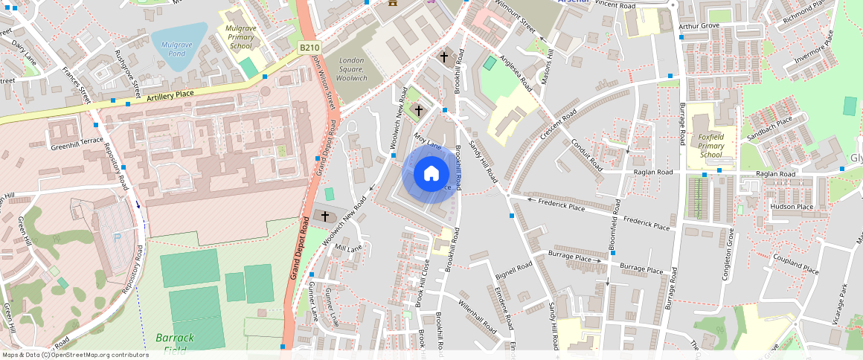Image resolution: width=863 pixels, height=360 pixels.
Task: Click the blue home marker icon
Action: click(x=431, y=174)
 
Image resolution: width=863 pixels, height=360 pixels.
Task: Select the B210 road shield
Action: click(x=309, y=48)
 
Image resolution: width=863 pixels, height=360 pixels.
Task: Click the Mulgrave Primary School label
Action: click(x=240, y=36)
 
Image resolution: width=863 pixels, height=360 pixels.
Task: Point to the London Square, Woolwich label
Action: click(x=352, y=69)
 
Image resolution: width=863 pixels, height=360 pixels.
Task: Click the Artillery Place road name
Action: click(x=170, y=95)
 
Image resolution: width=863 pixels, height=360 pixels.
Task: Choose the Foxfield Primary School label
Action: click(x=711, y=146)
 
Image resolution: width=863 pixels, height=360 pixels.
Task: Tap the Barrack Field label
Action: click(x=175, y=343)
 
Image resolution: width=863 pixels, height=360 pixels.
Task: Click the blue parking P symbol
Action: click(x=115, y=237)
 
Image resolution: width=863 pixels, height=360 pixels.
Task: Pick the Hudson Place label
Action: click(x=792, y=207)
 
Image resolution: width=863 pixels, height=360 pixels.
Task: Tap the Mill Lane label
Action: click(x=348, y=248)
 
